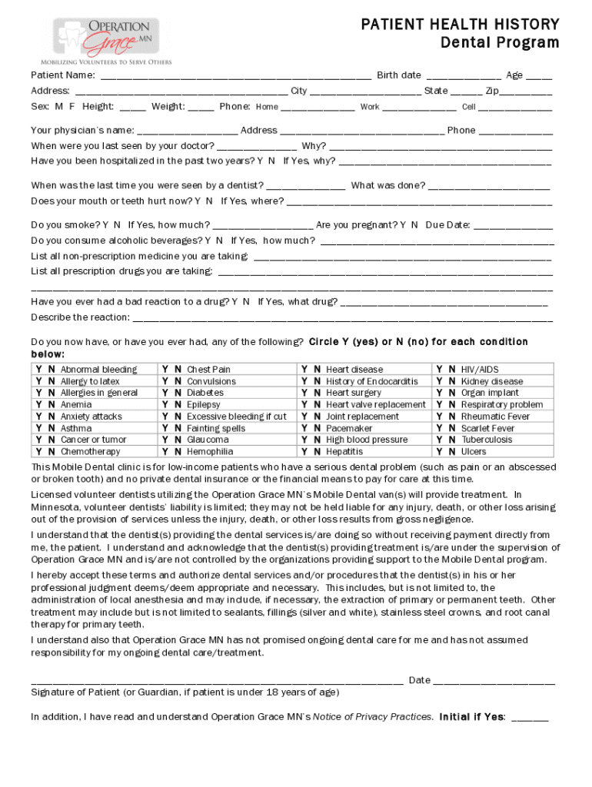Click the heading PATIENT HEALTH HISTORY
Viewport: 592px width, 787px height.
(461, 25)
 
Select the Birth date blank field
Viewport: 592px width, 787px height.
(464, 76)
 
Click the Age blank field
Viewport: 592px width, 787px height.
(539, 76)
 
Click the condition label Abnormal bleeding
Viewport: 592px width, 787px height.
(98, 370)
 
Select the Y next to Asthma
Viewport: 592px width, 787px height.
(39, 428)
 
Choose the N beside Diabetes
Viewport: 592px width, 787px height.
(178, 393)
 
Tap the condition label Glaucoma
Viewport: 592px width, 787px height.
(208, 440)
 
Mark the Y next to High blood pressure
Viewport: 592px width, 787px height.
(305, 440)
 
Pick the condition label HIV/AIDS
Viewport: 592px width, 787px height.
(480, 370)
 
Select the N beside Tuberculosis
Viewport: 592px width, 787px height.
(452, 440)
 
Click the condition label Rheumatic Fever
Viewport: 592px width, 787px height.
(495, 417)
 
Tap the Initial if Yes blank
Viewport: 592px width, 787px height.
(530, 718)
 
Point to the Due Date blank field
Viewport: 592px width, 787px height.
(514, 226)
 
